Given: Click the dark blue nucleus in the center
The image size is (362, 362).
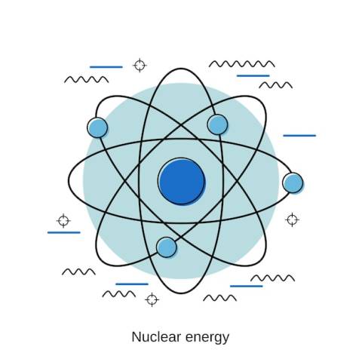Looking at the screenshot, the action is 182,181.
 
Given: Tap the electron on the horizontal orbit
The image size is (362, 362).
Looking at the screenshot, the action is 293,183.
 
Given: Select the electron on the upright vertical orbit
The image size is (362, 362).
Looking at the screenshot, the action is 217,124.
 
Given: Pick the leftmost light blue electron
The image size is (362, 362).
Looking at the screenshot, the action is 97,127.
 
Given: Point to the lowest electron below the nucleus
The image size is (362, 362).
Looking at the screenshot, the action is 167,247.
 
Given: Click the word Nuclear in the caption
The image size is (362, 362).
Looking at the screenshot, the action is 156,337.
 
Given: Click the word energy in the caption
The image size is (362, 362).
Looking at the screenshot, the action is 207,338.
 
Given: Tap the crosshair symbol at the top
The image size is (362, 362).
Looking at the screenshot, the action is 140,66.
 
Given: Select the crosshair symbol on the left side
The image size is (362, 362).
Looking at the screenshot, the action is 63,221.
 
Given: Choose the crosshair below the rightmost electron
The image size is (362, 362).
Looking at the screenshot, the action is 292,219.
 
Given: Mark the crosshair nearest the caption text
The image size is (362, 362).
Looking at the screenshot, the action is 152,299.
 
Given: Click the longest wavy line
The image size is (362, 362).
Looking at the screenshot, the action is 242,64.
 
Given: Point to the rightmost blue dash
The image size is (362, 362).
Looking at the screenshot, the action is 299,136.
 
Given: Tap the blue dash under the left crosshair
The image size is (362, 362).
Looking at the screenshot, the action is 64,232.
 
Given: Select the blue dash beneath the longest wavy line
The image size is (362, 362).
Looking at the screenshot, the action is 253,75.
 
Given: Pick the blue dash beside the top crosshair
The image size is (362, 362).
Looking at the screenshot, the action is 106,67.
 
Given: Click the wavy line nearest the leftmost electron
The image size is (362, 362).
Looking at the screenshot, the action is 87,79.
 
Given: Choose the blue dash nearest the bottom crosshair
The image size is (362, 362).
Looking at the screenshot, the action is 132,284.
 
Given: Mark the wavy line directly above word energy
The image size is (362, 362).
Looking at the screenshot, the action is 219,298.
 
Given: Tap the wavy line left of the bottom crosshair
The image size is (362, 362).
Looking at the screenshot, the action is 119,294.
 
